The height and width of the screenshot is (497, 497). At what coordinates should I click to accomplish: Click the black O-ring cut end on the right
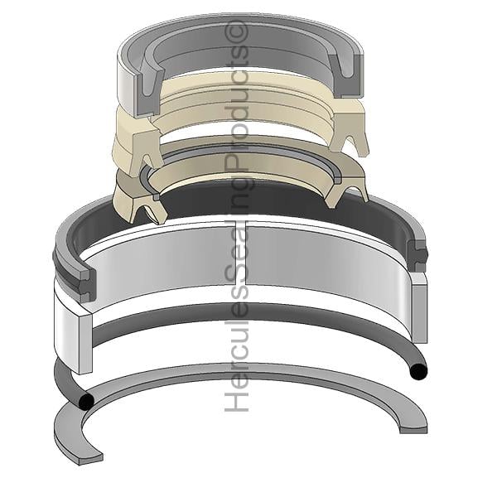pyautogui.click(x=418, y=371)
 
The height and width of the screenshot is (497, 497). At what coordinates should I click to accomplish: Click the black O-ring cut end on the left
pyautogui.click(x=86, y=401)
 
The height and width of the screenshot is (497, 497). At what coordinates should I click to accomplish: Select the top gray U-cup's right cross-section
pyautogui.click(x=346, y=75)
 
